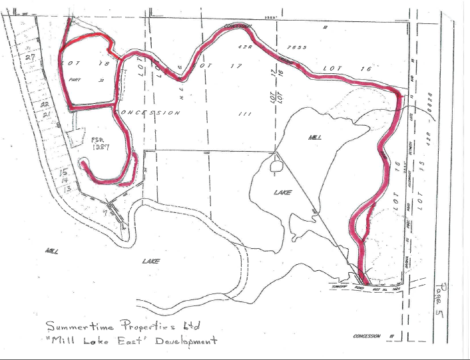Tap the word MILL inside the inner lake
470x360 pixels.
pyautogui.click(x=315, y=137)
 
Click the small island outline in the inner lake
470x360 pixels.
pyautogui.click(x=275, y=165)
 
